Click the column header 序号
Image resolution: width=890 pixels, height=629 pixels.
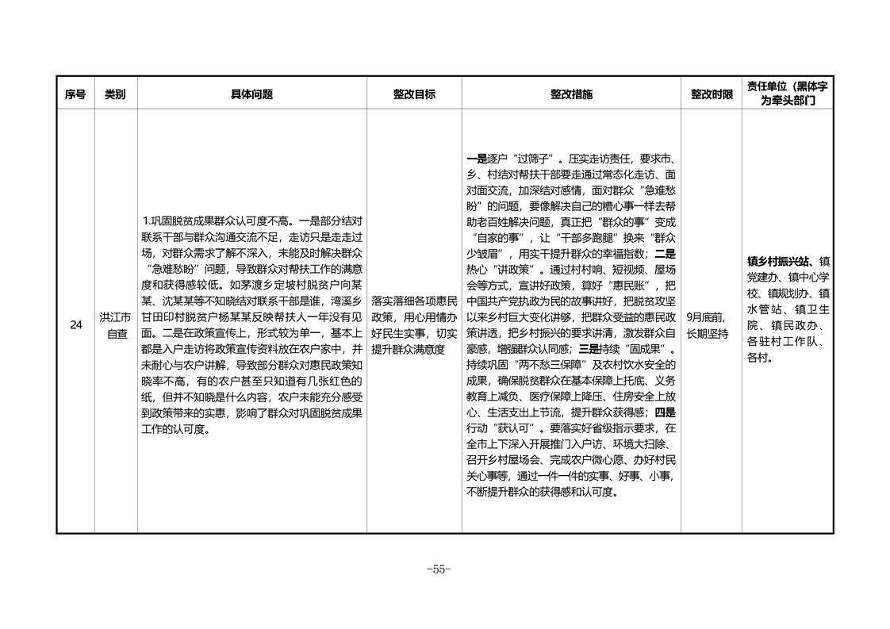[x=75, y=94]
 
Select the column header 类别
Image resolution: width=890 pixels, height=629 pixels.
[x=115, y=94]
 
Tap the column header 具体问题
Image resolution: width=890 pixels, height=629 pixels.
[x=251, y=94]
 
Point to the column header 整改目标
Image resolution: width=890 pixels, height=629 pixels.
[x=414, y=94]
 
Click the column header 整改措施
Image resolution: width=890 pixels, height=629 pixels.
[x=571, y=94]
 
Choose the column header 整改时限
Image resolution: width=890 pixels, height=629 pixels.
[x=712, y=94]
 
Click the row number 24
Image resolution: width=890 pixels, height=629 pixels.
[x=75, y=324]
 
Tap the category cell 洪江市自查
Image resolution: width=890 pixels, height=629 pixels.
[x=116, y=325]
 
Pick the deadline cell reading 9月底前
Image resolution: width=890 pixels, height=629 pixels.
[x=706, y=316]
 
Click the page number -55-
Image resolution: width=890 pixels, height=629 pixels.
[x=439, y=569]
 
